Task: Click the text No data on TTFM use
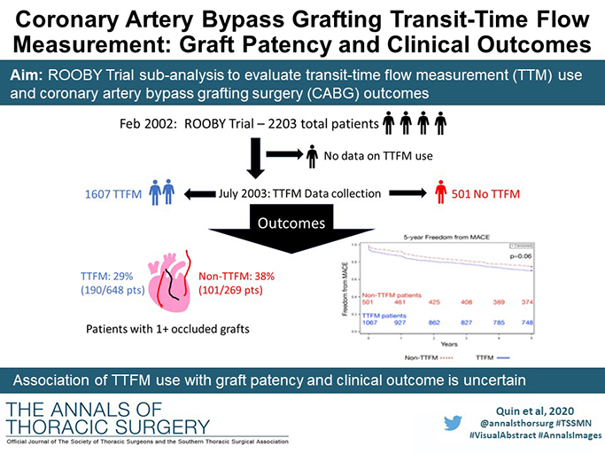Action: coord(378,156)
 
